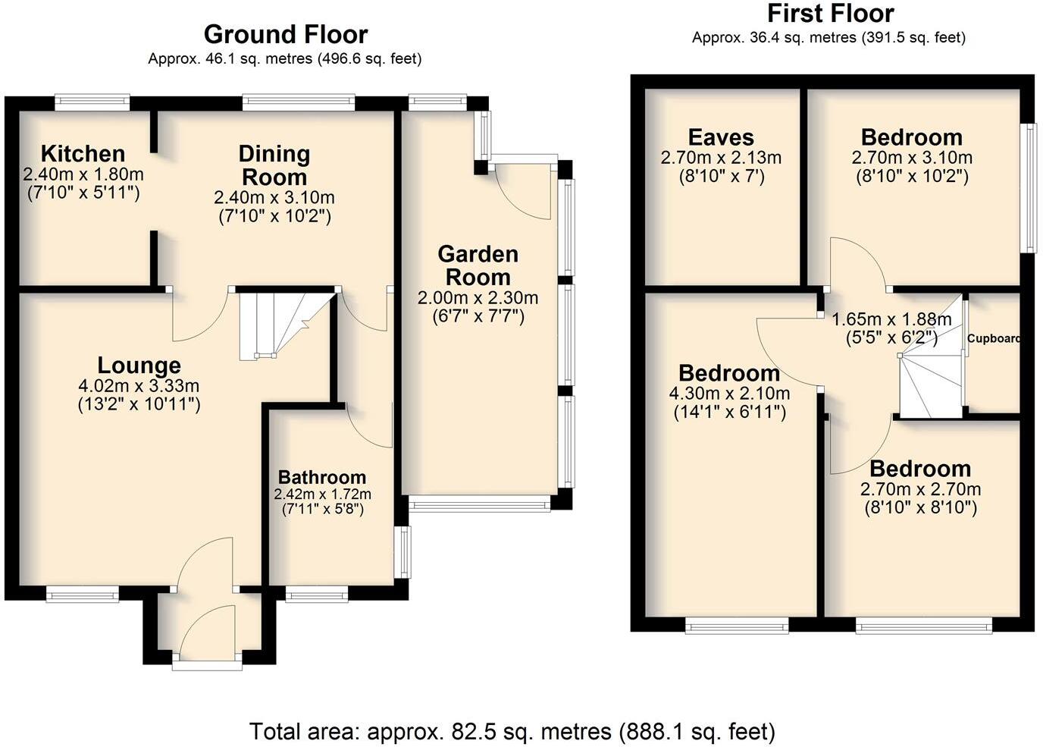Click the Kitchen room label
(x=83, y=153)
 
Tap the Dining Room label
(x=274, y=165)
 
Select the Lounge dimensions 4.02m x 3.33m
(x=139, y=386)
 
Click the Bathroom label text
(x=322, y=477)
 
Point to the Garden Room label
(x=478, y=265)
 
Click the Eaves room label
(x=721, y=137)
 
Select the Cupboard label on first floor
(x=993, y=339)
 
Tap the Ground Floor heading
(x=286, y=34)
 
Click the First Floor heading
(x=830, y=14)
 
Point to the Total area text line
(x=512, y=731)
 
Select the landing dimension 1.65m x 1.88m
(x=891, y=319)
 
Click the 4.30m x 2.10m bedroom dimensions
(x=729, y=394)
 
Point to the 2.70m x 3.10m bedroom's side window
(x=1029, y=187)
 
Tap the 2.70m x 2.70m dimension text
(x=920, y=489)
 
